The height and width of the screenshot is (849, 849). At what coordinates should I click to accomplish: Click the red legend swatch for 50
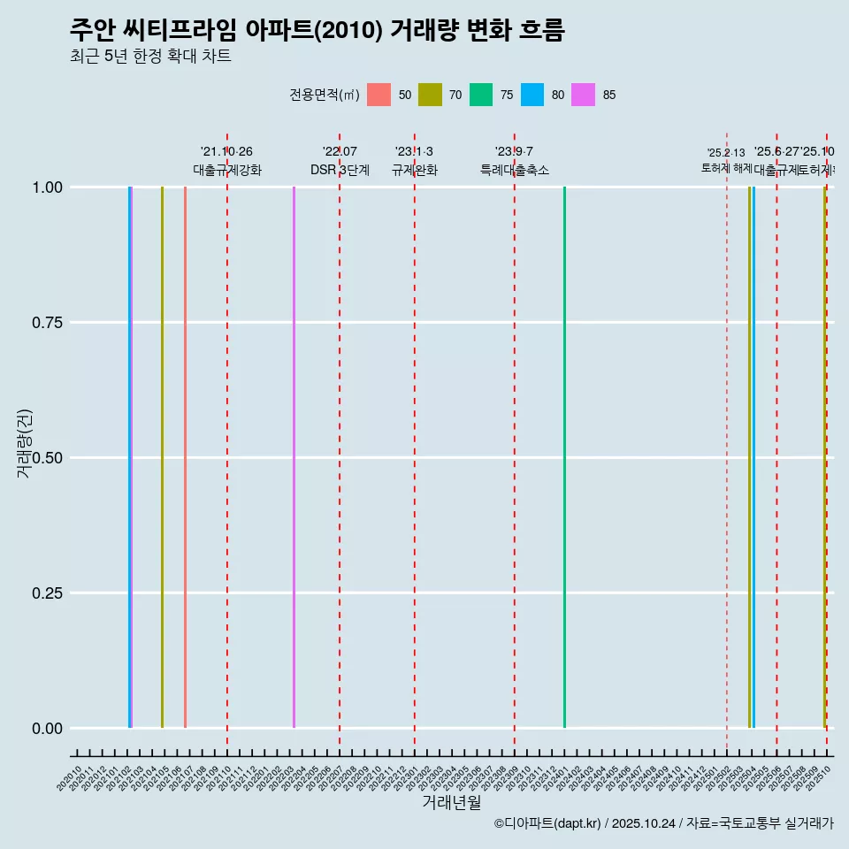(379, 95)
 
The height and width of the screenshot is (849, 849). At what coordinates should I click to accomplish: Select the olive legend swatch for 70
(430, 95)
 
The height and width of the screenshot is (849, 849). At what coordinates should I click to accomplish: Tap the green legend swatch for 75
(481, 95)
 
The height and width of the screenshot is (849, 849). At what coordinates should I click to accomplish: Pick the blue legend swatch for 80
(532, 95)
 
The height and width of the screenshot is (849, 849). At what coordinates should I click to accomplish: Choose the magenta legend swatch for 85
(584, 95)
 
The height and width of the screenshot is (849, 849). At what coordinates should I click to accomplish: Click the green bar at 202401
(564, 457)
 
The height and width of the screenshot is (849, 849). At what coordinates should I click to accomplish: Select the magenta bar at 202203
(294, 457)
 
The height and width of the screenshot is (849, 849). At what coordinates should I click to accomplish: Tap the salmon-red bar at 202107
(185, 457)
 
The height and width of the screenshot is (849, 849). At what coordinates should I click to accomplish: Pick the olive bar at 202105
(162, 457)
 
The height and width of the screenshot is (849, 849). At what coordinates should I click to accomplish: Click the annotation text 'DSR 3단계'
(340, 170)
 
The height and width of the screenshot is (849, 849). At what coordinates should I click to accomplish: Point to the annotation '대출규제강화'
(227, 170)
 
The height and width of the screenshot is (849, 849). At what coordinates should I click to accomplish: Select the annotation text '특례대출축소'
(515, 170)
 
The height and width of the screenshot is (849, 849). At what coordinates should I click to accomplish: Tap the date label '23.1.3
(414, 152)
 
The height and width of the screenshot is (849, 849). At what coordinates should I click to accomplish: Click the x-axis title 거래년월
(451, 802)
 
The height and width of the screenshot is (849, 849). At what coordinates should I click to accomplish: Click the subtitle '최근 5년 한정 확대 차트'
(150, 57)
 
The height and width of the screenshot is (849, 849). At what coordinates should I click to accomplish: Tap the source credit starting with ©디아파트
(663, 823)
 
